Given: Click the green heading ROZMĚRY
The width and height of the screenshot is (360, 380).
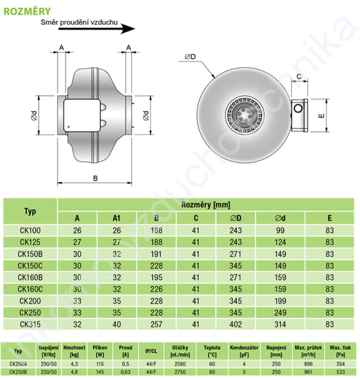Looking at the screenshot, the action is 27,11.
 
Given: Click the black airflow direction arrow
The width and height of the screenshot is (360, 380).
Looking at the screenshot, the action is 97,29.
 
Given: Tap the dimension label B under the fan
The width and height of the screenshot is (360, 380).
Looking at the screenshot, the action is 95,178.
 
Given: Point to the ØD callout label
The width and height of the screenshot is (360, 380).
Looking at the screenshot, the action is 190,57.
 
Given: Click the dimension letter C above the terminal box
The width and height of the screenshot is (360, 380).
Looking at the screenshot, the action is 299,76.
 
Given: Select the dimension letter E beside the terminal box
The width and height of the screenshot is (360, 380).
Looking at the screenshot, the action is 321,116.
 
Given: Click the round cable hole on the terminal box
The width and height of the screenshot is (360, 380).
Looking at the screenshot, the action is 298,108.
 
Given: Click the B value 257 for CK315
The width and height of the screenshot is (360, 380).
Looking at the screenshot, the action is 156,324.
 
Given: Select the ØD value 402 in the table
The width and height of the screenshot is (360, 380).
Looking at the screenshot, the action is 236,324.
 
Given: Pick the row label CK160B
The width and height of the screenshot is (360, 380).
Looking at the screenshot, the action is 30,277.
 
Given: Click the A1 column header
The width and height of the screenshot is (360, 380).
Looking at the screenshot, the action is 116,218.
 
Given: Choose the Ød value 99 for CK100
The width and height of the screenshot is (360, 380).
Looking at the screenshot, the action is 280,230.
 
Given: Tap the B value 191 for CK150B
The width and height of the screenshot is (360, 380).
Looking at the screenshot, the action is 156,254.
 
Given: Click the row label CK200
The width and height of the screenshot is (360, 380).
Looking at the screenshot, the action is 30,301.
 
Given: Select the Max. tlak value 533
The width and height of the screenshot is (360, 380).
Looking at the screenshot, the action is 341,372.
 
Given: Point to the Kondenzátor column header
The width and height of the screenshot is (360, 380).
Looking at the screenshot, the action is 244,351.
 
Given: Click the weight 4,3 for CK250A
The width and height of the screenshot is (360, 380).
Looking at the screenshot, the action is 74,364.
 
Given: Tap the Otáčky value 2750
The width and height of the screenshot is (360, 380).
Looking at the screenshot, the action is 180,372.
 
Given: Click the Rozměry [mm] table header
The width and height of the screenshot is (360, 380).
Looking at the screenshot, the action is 206,205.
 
